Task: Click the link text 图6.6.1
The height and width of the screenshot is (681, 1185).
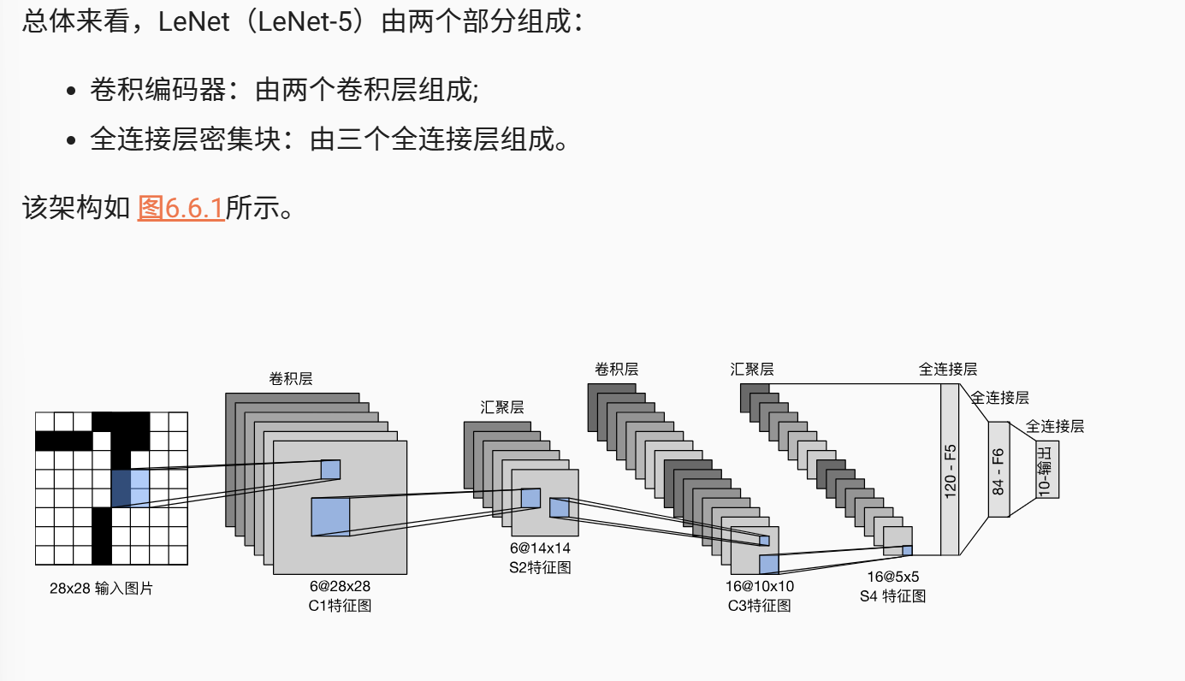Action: click(181, 208)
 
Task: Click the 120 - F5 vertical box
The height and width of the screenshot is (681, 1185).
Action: click(950, 470)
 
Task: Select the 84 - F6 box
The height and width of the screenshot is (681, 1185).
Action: click(999, 470)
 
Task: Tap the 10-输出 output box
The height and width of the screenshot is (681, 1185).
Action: click(1047, 469)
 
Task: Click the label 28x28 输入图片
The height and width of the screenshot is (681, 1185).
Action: click(101, 589)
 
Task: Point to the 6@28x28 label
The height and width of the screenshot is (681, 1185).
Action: click(340, 587)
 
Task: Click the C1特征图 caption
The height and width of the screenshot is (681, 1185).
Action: click(340, 606)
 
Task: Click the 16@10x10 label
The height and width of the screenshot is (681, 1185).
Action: click(760, 586)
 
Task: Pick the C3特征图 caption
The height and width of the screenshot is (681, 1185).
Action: click(760, 606)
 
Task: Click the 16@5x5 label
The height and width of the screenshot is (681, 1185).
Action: click(892, 577)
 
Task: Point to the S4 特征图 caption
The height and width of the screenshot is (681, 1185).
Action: click(892, 595)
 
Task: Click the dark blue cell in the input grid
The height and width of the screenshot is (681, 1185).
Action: click(121, 488)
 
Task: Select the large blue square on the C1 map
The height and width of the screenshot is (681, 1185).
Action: click(330, 517)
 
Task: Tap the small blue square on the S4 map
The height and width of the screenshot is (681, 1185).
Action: click(907, 550)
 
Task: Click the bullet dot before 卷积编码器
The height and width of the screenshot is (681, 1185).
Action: click(72, 91)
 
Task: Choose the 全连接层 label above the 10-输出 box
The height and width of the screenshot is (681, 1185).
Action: click(1054, 426)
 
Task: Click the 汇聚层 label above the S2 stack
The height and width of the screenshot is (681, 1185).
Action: click(502, 407)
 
